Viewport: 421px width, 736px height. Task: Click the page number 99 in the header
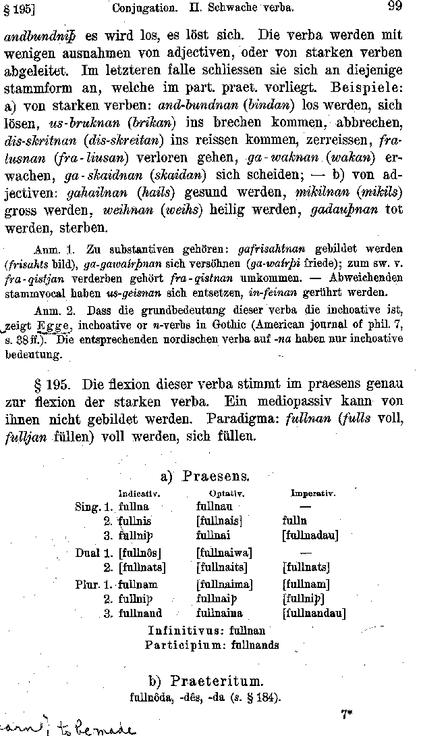point(395,7)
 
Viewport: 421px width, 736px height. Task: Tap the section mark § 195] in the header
point(19,9)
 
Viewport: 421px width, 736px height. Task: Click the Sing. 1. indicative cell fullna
point(134,506)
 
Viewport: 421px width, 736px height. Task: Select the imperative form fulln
point(294,521)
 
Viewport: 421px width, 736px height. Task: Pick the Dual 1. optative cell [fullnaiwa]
point(224,553)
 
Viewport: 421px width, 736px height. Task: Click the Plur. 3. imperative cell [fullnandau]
point(314,614)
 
